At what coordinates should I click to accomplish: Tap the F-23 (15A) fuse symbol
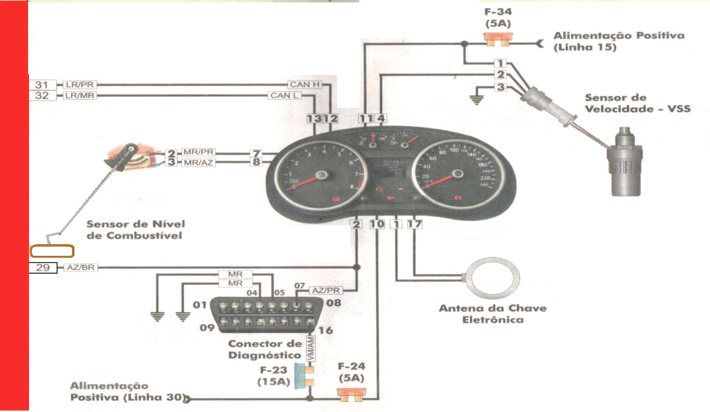pos(306,376)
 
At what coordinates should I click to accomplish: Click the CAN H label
pos(304,85)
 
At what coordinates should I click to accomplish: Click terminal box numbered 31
pos(43,85)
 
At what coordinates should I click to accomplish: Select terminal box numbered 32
pos(43,95)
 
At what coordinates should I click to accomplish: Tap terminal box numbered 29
pos(43,267)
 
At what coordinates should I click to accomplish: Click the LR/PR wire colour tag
pos(80,85)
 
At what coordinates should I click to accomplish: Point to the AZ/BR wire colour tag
pos(81,267)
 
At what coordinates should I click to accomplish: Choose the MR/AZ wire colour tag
pos(198,162)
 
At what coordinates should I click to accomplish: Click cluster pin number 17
pos(414,224)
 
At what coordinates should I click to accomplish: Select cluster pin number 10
pos(377,224)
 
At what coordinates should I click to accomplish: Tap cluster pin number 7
pos(256,153)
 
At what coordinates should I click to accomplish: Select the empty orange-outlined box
pos(52,251)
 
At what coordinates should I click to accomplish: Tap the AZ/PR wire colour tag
pos(326,290)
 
